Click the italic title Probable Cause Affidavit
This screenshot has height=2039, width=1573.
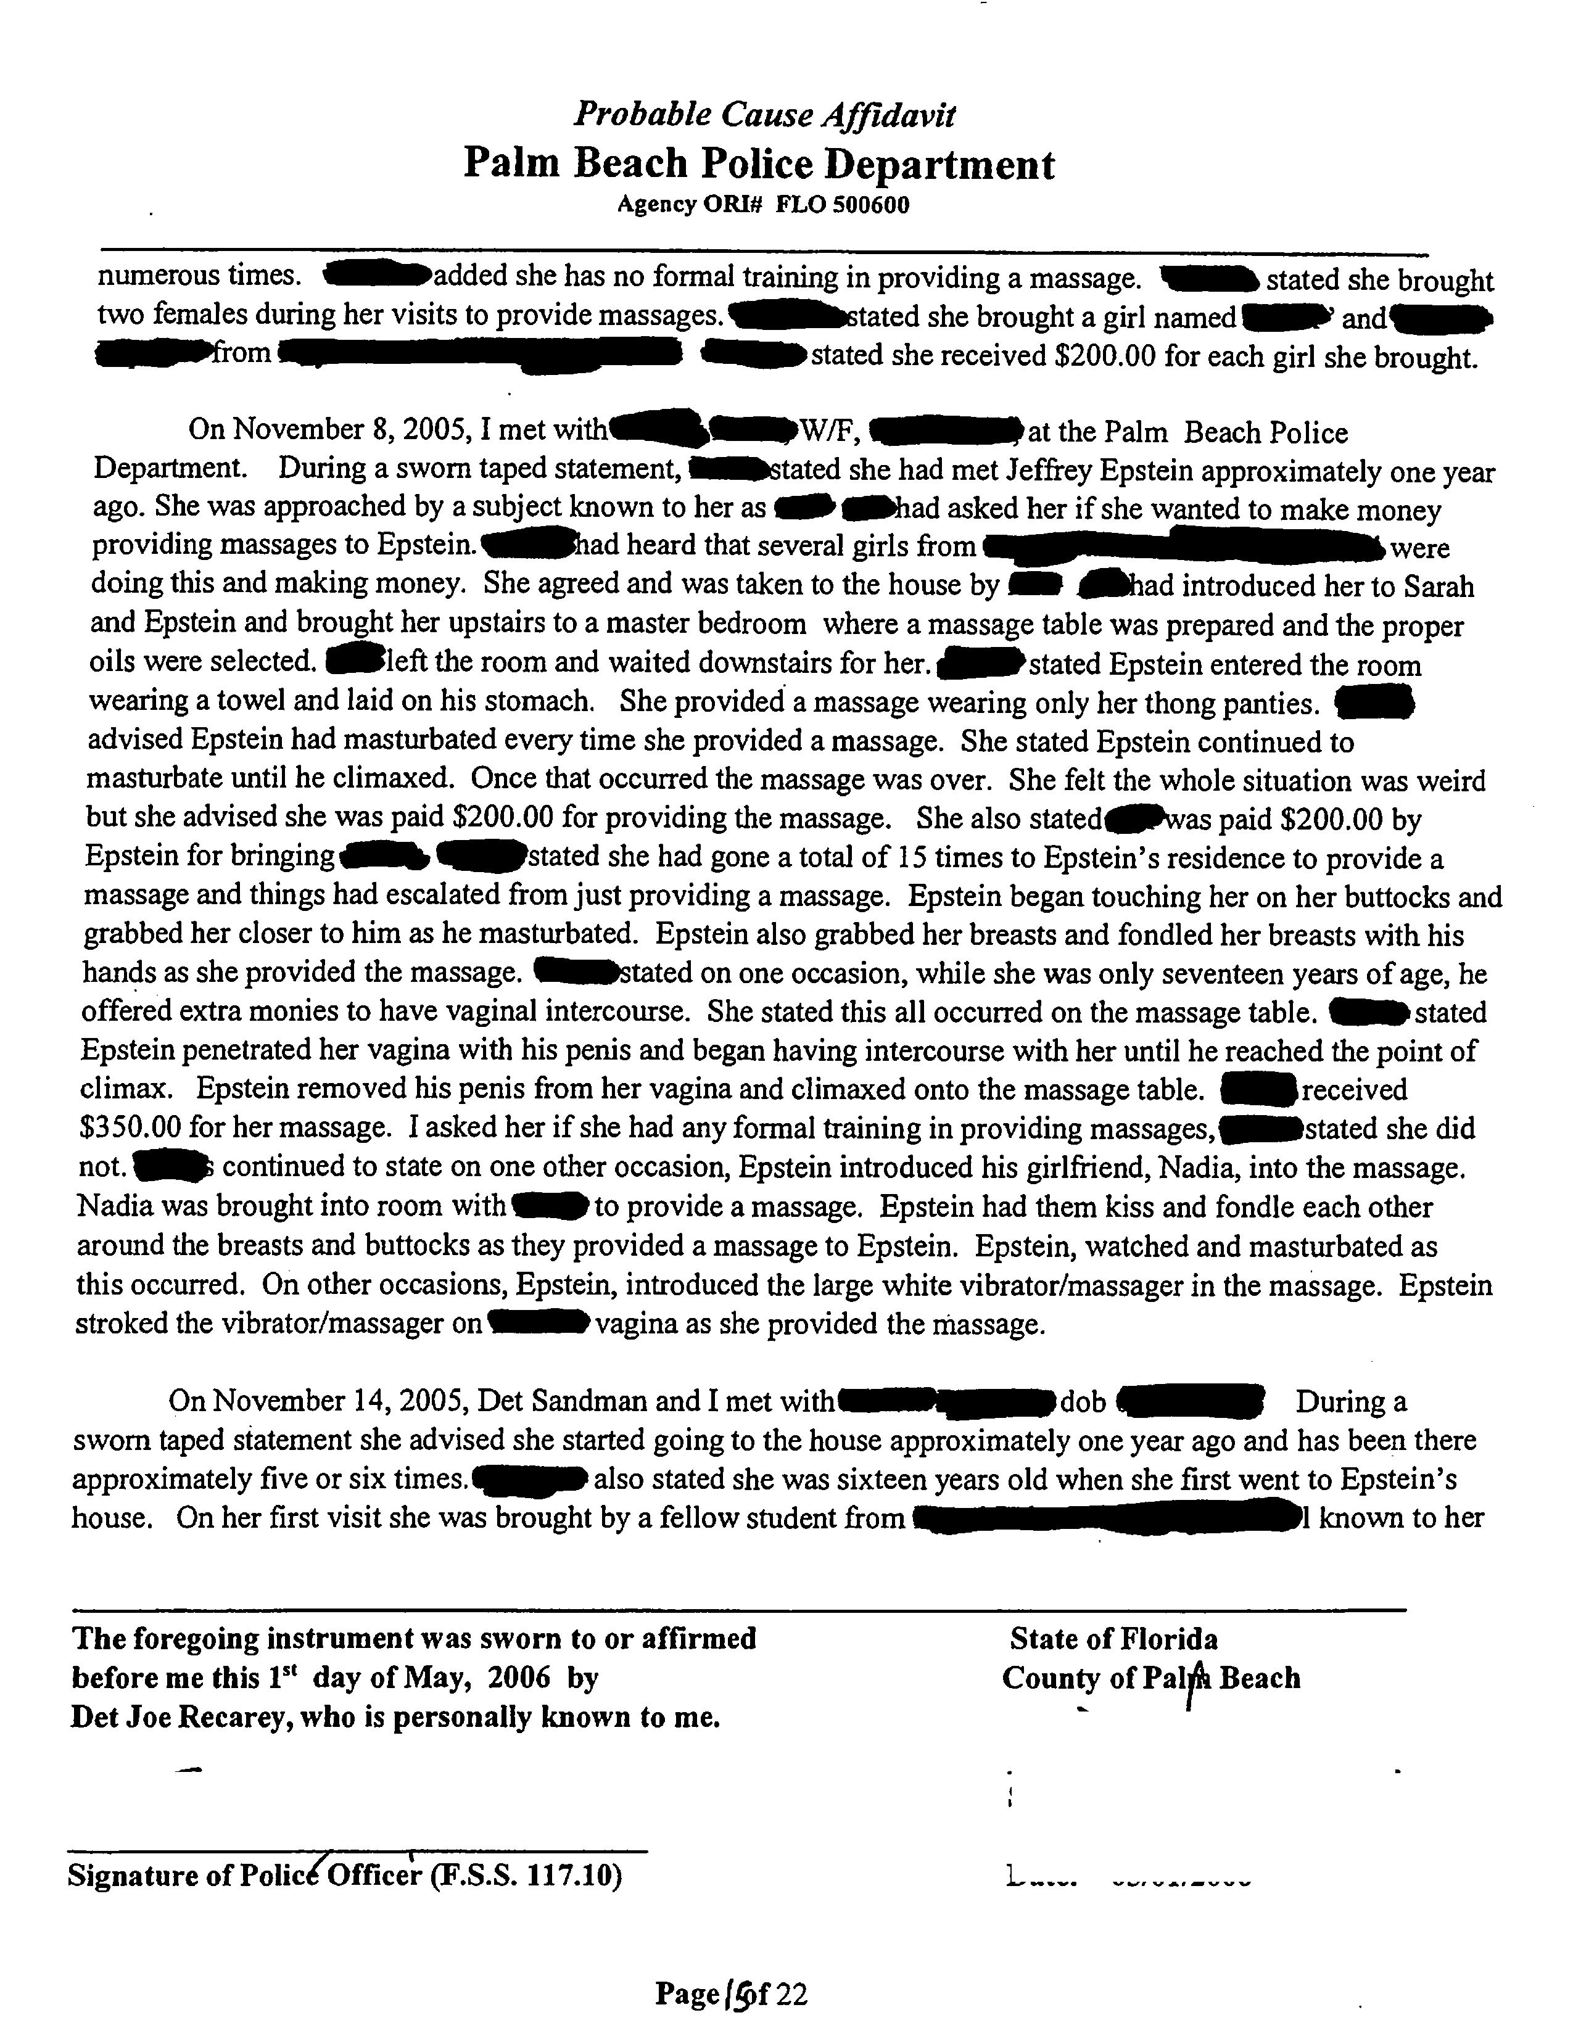coord(764,115)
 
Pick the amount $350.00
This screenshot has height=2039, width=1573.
coord(130,1129)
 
